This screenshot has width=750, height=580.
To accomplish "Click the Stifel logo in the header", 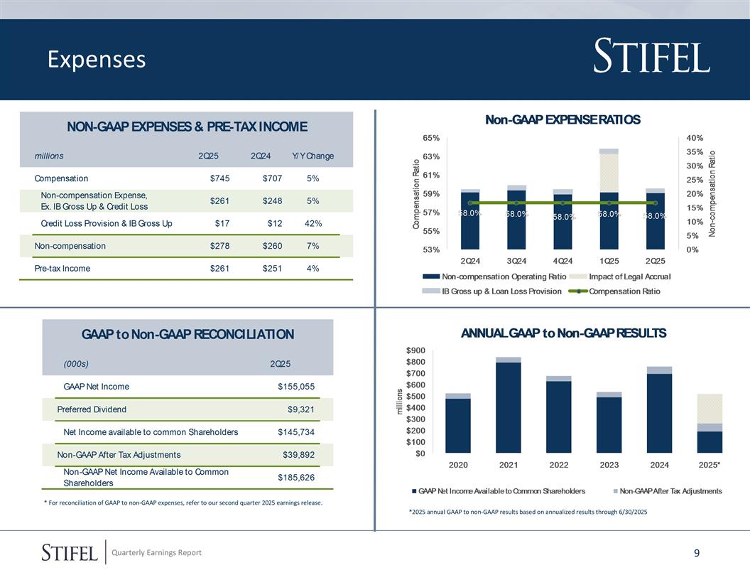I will [651, 58].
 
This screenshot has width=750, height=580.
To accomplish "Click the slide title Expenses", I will [97, 60].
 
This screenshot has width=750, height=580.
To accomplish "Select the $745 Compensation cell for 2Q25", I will [220, 178].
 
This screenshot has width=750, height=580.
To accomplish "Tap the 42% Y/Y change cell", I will [312, 224].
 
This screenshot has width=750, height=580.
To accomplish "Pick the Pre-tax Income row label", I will [62, 269].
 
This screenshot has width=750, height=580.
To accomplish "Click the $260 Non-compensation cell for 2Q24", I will [272, 246].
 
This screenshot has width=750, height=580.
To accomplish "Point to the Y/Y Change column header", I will [312, 156].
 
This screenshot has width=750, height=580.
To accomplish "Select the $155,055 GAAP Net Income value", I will [296, 387].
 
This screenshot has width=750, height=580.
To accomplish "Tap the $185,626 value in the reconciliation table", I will [296, 478].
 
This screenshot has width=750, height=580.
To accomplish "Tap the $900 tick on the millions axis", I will [415, 350].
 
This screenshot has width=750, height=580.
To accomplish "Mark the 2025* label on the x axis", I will [710, 465].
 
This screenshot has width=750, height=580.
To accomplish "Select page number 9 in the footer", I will [697, 553].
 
